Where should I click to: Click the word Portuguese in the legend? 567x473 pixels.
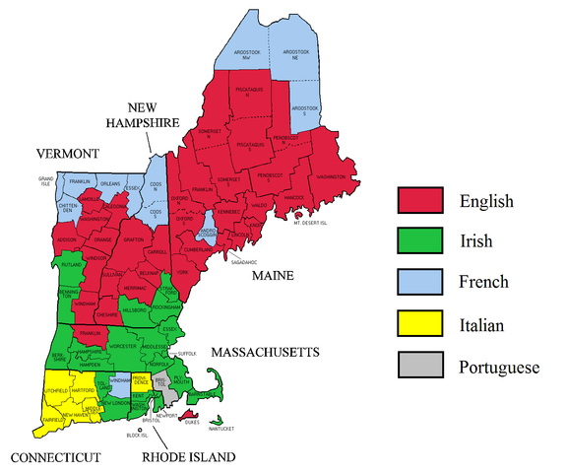pyautogui.click(x=499, y=367)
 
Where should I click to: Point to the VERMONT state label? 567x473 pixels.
pyautogui.click(x=68, y=154)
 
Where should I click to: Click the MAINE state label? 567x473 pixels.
pyautogui.click(x=273, y=277)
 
